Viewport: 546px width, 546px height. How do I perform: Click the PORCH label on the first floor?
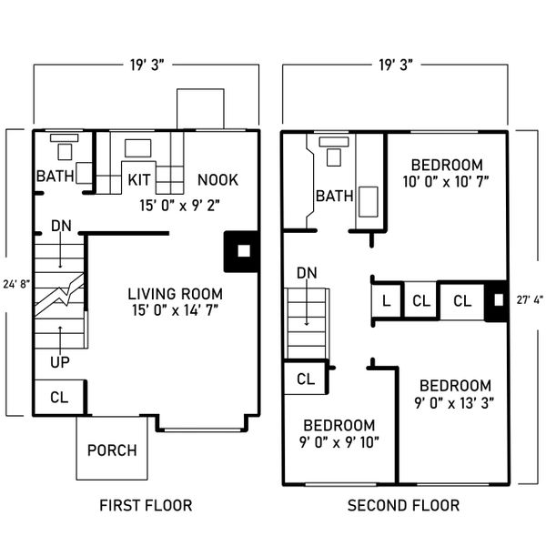click(x=112, y=450)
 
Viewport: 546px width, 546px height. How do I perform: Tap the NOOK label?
click(x=218, y=179)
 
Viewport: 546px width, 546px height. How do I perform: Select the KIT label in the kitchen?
click(x=139, y=179)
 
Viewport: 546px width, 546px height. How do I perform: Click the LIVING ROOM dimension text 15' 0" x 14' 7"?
click(x=175, y=310)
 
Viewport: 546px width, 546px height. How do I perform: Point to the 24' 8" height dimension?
click(x=16, y=285)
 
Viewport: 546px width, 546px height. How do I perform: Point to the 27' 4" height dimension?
click(x=530, y=299)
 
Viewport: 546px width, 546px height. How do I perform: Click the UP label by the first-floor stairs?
click(x=60, y=362)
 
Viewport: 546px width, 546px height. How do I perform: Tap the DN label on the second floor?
click(x=307, y=273)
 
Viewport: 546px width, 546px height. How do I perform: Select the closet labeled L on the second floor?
click(x=387, y=300)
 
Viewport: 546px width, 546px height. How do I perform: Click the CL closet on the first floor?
click(x=59, y=397)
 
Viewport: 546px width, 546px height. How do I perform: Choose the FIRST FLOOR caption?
click(x=146, y=505)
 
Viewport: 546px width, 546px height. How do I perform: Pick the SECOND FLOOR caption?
click(x=403, y=505)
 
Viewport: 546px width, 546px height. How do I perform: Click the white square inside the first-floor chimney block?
click(x=244, y=251)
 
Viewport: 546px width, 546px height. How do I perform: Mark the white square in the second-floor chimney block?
click(x=499, y=300)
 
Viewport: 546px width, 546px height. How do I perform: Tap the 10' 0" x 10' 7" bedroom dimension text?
click(x=446, y=182)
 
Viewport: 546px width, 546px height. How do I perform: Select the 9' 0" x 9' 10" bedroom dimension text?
click(x=339, y=442)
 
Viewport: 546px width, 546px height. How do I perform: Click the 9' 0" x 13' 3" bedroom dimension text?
click(x=454, y=403)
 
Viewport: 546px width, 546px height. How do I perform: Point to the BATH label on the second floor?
click(x=335, y=196)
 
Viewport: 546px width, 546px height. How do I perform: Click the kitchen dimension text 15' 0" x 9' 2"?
click(x=179, y=206)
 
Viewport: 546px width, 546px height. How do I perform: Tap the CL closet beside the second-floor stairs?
click(x=306, y=379)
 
